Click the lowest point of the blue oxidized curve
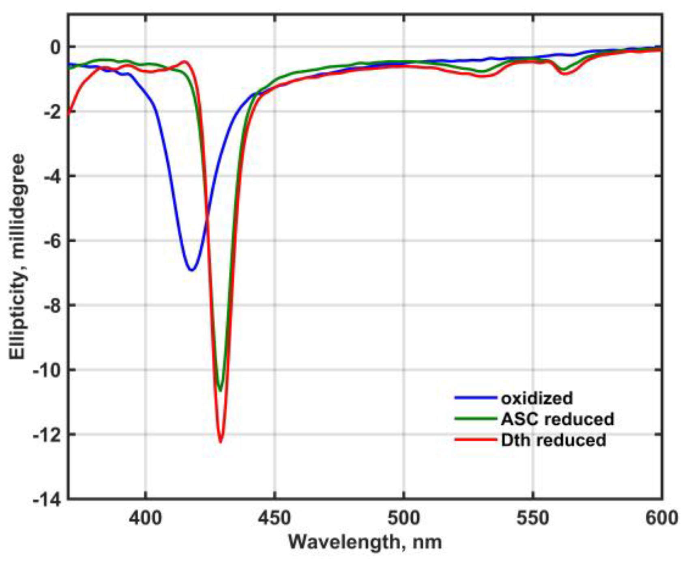(192, 270)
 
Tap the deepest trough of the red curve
(221, 442)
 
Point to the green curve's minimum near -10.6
(220, 390)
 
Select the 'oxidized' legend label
(537, 398)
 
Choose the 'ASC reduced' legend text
(557, 419)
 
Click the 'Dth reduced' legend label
(553, 440)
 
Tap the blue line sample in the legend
(475, 398)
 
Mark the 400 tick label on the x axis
(145, 519)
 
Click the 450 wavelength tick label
(275, 519)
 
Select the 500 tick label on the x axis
(404, 519)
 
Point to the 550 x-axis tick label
(533, 519)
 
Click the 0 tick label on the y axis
(55, 48)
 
